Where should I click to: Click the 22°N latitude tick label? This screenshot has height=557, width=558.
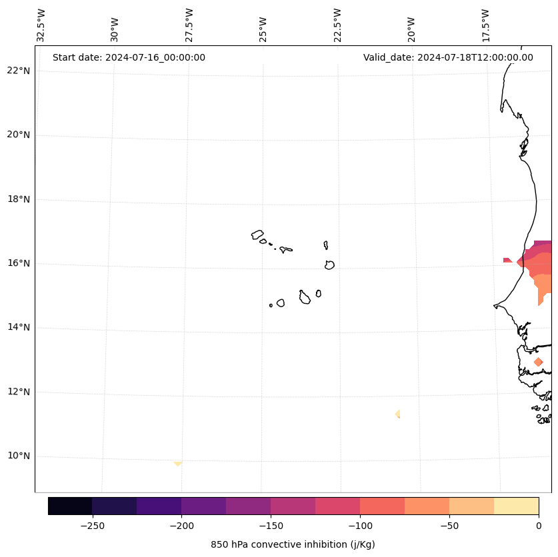pyautogui.click(x=18, y=71)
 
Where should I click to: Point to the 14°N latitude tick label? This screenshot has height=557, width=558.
pyautogui.click(x=18, y=327)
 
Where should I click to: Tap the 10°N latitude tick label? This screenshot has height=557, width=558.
pyautogui.click(x=18, y=456)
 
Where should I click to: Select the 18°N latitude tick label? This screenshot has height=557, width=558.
pyautogui.click(x=18, y=199)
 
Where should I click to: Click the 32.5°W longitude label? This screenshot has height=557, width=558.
pyautogui.click(x=41, y=25)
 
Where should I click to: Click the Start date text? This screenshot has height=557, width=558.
pyautogui.click(x=129, y=57)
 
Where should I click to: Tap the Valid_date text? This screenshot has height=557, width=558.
pyautogui.click(x=448, y=57)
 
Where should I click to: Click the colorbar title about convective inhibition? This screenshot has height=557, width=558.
pyautogui.click(x=293, y=544)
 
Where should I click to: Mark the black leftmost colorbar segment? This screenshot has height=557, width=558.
pyautogui.click(x=70, y=506)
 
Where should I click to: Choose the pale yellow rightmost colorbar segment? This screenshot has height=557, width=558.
pyautogui.click(x=516, y=506)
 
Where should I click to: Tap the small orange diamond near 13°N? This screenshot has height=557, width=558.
pyautogui.click(x=538, y=362)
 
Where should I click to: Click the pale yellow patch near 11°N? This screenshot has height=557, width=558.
pyautogui.click(x=398, y=414)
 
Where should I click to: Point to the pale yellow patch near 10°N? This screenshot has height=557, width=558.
pyautogui.click(x=178, y=463)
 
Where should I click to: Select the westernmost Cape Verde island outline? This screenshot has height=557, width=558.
pyautogui.click(x=257, y=235)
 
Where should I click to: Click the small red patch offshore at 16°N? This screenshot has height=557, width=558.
pyautogui.click(x=507, y=260)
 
